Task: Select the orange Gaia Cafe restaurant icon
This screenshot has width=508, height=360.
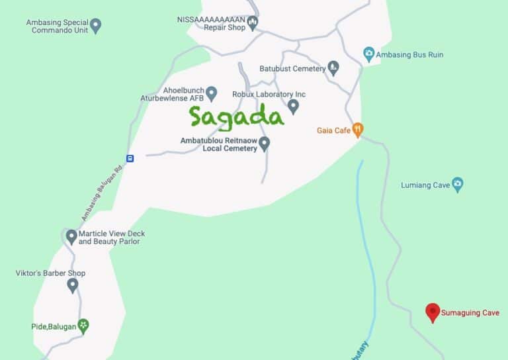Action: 358,130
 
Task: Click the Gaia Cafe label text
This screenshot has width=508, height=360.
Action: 333,130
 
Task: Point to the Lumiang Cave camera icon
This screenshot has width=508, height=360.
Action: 457,185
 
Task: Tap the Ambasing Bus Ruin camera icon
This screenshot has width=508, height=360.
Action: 369,54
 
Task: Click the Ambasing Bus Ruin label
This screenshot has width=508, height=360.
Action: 409,55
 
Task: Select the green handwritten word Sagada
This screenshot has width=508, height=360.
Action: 236,116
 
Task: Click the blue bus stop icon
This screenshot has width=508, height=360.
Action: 130,158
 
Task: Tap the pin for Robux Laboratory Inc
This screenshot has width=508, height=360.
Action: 293,106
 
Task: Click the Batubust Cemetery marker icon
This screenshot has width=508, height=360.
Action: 333,68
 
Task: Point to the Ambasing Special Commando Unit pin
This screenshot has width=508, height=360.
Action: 96,26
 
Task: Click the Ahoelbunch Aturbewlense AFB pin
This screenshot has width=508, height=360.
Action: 212,93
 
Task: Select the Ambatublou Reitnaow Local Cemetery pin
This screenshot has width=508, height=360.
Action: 265,144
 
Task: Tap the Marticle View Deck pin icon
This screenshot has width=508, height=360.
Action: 71,237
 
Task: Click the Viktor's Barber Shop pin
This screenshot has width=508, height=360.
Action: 73,285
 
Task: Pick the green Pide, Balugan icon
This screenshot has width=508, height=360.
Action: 83,325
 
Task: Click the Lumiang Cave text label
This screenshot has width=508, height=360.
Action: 425,185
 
